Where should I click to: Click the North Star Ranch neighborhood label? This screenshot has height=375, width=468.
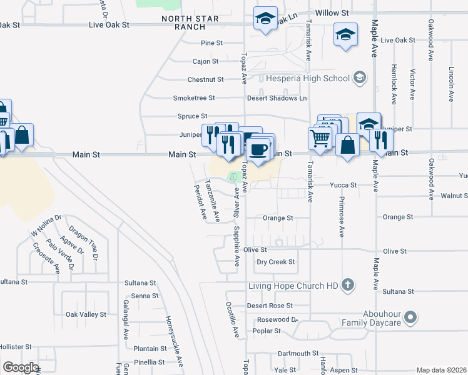pos(190,23)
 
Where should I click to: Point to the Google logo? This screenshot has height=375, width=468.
pos(20,367)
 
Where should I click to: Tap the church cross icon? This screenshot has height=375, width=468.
pos(348,286)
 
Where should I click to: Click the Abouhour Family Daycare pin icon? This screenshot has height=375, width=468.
pos(410,318)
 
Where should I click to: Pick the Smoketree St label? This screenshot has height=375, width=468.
pos(194,98)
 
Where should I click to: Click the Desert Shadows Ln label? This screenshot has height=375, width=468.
pos(277,98)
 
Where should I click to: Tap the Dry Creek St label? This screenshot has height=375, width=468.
pos(275,262)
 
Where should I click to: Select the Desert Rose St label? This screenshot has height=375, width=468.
pos(270,306)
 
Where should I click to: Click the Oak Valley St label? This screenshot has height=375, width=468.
pos(86,314)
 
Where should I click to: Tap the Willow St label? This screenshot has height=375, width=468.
pos(332,12)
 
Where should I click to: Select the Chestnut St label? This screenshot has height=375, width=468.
pos(206,80)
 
